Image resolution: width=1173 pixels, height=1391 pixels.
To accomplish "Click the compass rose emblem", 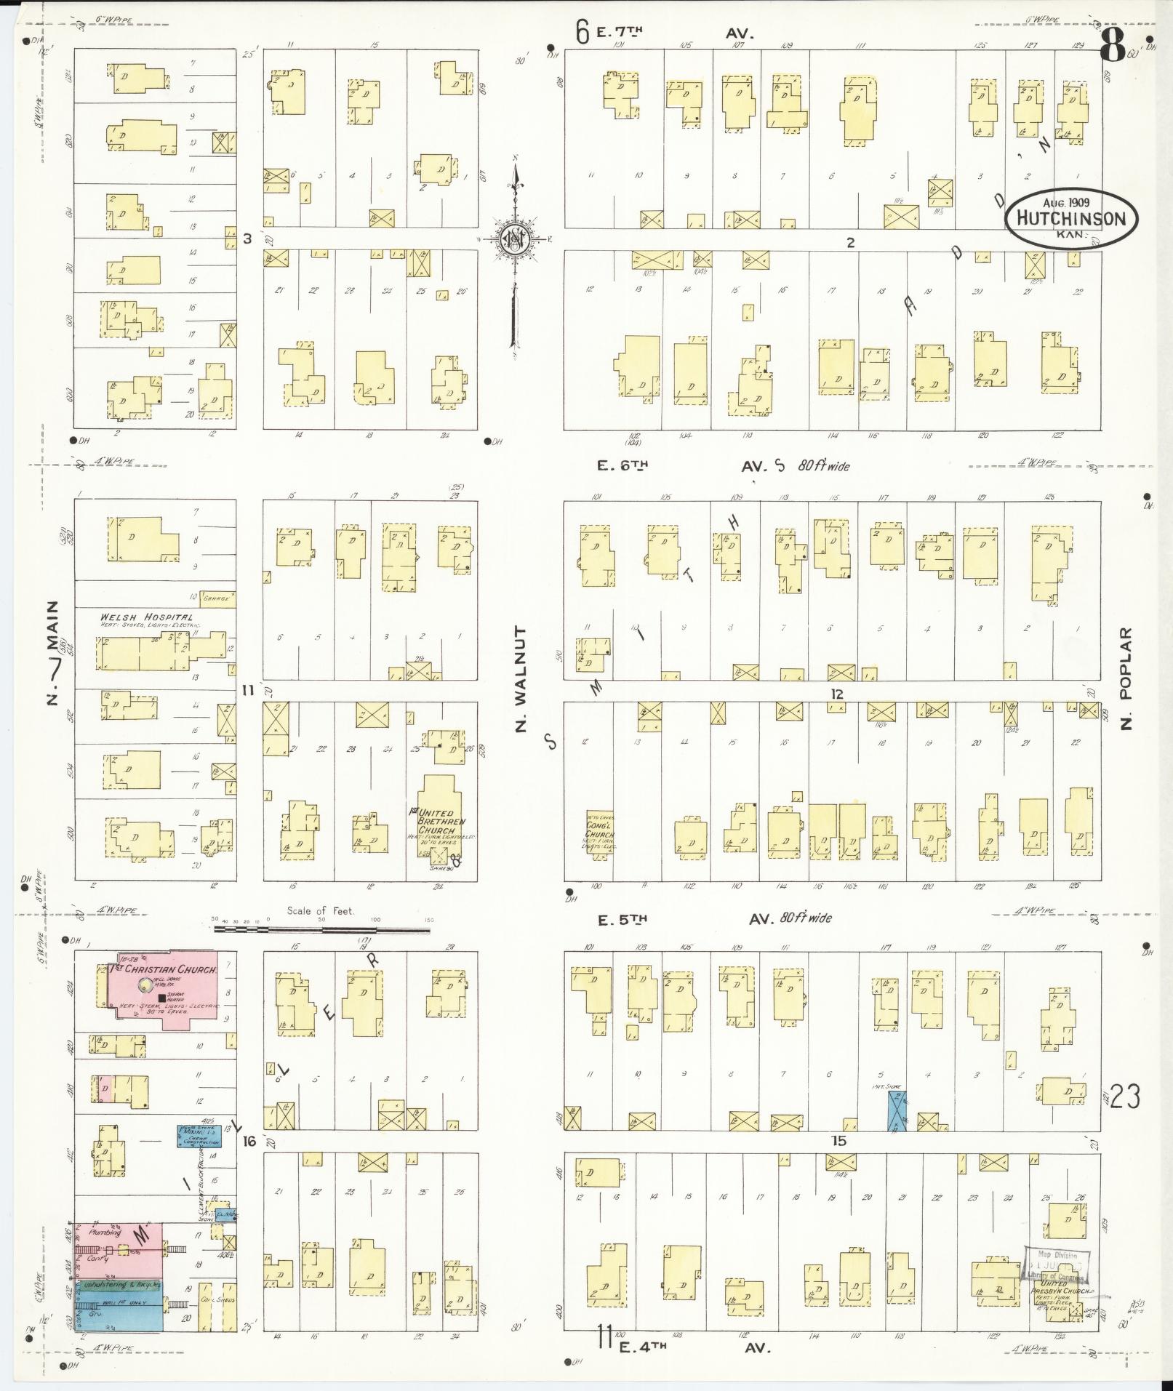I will pos(515,238).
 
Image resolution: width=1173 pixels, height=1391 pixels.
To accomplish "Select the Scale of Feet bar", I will pos(321,929).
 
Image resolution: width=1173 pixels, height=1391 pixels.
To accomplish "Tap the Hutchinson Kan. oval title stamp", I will pos(1071,217).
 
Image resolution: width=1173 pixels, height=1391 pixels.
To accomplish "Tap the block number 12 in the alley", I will pos(837,694).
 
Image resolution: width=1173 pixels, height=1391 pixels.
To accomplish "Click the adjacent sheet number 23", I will pos(1124,1116).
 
